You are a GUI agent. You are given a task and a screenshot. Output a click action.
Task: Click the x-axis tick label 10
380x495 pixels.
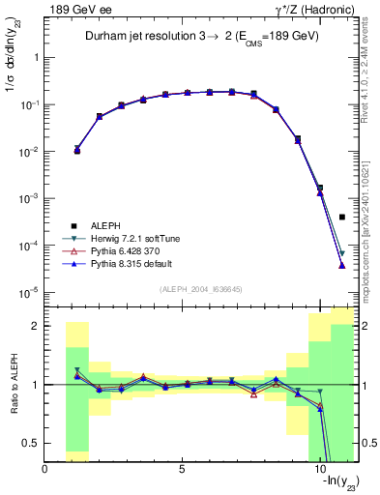point(320,470)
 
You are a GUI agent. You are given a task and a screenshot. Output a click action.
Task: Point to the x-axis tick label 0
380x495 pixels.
point(45,470)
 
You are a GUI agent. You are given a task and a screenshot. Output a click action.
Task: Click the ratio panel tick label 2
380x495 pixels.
point(35,326)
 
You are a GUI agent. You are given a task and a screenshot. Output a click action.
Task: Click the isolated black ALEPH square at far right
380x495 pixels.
point(342,218)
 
